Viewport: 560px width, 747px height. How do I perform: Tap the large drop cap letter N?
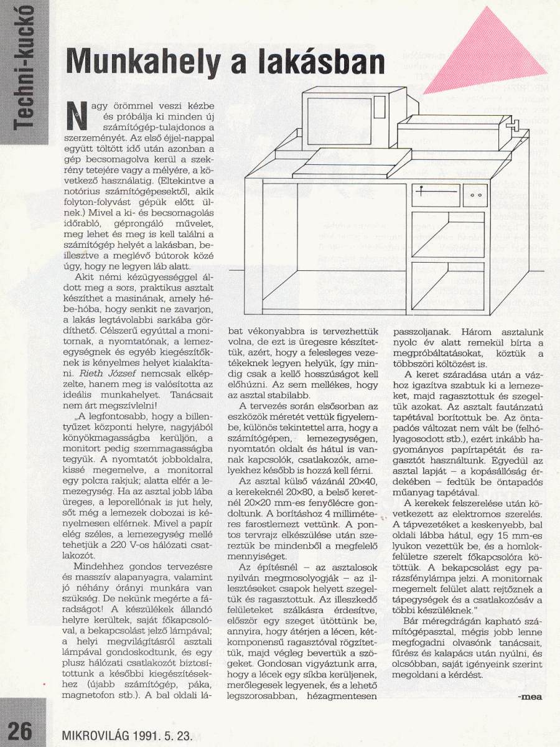tap(75, 117)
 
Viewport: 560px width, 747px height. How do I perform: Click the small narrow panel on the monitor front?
tap(381, 116)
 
